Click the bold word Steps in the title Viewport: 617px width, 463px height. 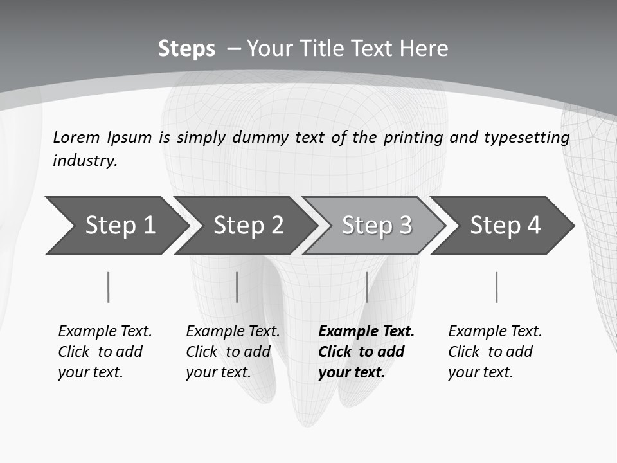click(x=186, y=49)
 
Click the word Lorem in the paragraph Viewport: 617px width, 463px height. click(x=76, y=137)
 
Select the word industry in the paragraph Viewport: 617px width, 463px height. click(x=85, y=161)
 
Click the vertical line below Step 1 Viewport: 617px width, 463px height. click(x=109, y=287)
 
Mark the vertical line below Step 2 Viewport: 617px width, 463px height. click(x=237, y=287)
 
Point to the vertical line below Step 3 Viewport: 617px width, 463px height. click(x=366, y=287)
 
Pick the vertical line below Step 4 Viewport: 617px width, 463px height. click(x=496, y=287)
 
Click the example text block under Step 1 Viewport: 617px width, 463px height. click(x=105, y=352)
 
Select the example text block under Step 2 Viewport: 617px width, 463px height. click(x=233, y=352)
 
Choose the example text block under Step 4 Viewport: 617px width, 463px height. click(x=495, y=352)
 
